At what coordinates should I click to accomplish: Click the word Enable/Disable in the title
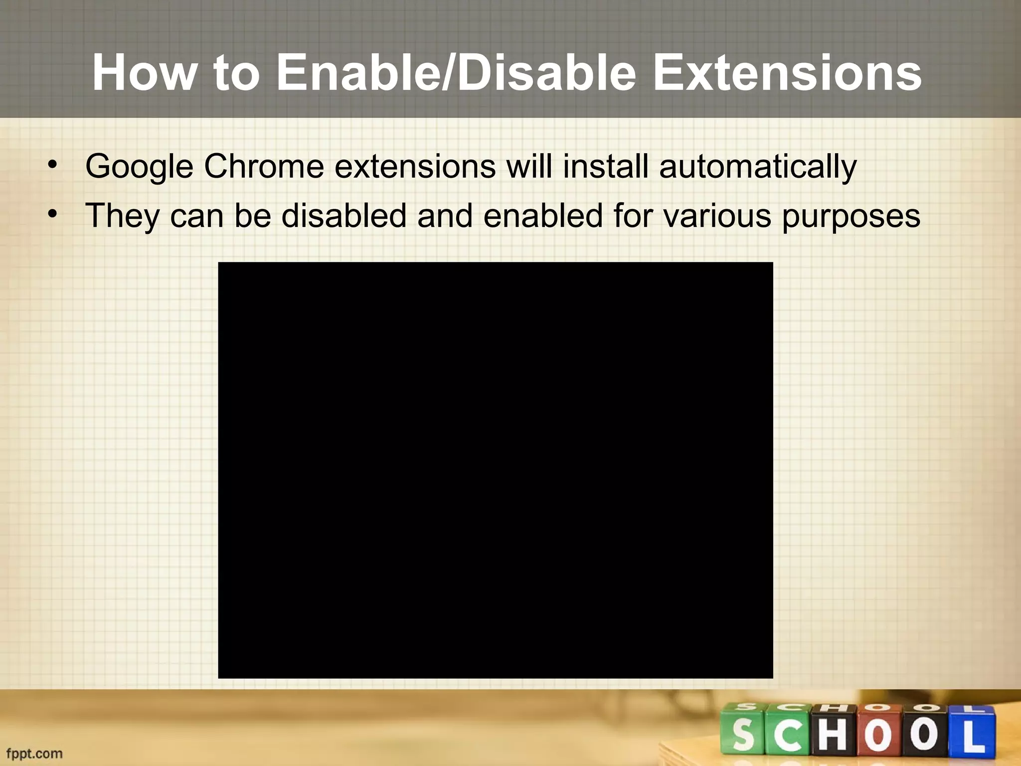[456, 73]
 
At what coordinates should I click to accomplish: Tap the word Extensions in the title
[787, 73]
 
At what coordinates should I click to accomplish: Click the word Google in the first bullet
[139, 167]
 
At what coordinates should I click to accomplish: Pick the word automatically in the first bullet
[757, 167]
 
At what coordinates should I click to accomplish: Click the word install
[605, 166]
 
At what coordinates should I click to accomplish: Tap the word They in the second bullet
[122, 216]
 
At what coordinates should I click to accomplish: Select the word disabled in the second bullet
[344, 215]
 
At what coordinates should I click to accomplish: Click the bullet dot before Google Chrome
[53, 165]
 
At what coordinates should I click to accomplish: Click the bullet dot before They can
[53, 214]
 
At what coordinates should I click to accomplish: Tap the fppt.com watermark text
[34, 753]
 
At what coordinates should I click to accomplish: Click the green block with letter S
[743, 733]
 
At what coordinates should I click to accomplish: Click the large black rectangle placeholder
[496, 470]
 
